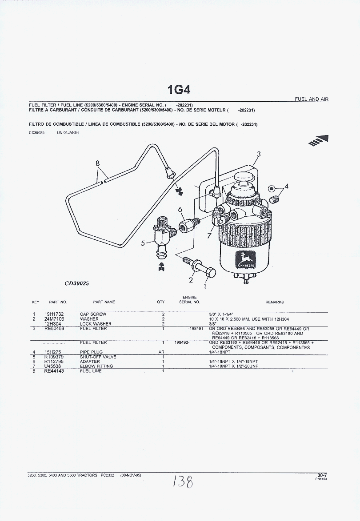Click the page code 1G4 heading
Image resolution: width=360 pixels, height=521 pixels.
click(x=179, y=90)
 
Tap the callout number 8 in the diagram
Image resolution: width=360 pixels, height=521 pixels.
click(x=98, y=163)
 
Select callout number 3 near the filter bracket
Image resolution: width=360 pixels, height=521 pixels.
click(x=259, y=154)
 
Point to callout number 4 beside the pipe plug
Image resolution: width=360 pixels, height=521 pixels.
click(x=286, y=187)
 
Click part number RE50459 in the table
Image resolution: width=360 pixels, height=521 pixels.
click(x=54, y=329)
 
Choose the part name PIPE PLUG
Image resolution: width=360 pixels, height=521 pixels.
click(x=91, y=352)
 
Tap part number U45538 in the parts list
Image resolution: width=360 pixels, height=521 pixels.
click(x=54, y=366)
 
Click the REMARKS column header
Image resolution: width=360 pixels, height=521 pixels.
click(x=274, y=302)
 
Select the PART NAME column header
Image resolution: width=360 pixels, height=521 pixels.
click(x=104, y=302)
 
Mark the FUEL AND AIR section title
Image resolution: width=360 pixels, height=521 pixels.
click(x=312, y=99)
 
